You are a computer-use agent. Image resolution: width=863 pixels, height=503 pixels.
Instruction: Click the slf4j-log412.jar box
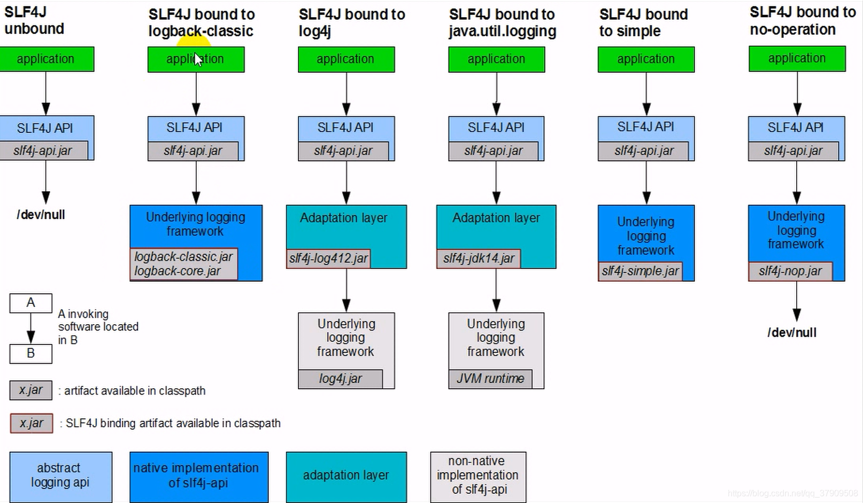328,258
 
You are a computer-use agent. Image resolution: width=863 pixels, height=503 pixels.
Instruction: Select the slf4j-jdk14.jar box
479,258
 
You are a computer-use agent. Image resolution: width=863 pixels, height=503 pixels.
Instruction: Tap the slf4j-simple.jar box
641,271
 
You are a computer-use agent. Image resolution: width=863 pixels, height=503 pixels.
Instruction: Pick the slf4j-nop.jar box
791,271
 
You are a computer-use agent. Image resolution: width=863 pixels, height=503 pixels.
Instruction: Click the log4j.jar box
341,379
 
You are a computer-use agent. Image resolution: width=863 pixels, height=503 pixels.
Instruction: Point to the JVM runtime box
490,379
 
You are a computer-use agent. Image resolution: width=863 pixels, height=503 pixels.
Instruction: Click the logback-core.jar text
177,271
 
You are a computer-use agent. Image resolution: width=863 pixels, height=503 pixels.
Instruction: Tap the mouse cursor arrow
198,60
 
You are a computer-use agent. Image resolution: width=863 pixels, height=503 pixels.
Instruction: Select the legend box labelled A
31,303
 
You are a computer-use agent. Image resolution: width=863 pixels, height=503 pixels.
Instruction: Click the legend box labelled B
31,353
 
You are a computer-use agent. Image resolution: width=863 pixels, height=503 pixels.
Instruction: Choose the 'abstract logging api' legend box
61,477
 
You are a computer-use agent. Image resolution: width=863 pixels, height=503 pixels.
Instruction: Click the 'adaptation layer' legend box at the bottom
346,477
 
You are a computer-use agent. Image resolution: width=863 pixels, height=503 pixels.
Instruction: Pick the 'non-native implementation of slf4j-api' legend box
478,477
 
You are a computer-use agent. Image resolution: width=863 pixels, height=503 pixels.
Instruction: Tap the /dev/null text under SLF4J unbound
41,215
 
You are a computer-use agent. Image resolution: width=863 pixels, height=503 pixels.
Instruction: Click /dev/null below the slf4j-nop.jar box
792,333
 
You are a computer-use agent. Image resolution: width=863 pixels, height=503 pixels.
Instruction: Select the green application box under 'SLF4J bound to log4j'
346,59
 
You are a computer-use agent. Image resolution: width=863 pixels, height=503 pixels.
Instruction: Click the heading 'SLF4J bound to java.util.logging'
503,23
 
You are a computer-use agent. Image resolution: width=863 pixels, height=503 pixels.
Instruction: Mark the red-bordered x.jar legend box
31,423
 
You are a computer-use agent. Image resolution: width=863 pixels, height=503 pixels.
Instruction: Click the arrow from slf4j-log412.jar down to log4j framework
346,290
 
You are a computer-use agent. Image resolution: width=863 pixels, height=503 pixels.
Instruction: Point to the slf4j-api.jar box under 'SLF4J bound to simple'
643,151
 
